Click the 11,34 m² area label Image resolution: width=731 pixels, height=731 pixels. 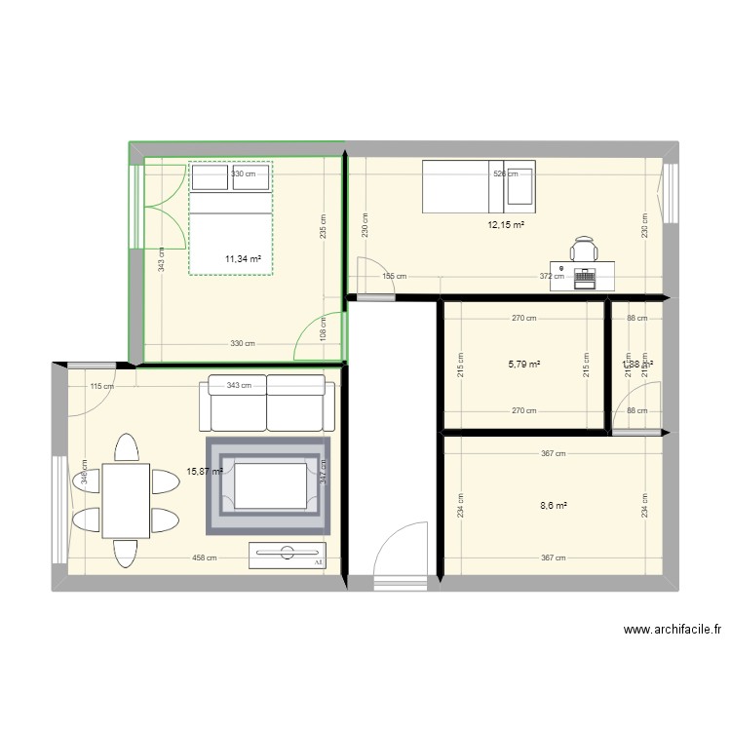click(244, 259)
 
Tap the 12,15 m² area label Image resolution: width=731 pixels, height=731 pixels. click(506, 225)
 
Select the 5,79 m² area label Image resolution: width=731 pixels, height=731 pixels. click(524, 365)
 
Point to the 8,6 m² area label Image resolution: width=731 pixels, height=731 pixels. click(553, 506)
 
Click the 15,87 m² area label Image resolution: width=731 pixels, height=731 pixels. click(205, 471)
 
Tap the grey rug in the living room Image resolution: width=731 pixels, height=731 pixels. click(268, 485)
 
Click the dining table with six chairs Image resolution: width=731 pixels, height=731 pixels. click(125, 500)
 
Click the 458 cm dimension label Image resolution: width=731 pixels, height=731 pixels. click(204, 558)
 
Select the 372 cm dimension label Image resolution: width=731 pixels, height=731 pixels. click(553, 277)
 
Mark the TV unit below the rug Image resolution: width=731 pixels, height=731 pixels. click(288, 555)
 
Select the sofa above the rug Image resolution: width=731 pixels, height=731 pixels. click(267, 404)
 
